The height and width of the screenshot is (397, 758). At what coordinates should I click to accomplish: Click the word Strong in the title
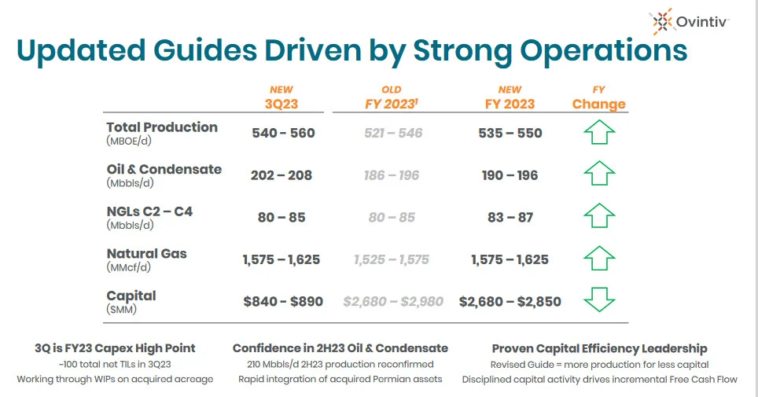click(462, 50)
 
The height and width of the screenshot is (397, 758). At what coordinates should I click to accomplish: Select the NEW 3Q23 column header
click(281, 97)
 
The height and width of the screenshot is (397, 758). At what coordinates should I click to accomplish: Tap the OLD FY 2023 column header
click(392, 97)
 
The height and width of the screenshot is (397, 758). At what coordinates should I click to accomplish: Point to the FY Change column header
click(599, 97)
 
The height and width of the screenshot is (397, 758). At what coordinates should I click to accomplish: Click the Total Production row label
click(162, 133)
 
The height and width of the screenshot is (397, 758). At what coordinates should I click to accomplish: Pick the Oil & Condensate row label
click(164, 175)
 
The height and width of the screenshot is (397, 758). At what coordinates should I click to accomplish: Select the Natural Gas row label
click(146, 259)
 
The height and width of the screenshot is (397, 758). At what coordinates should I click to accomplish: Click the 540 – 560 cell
click(283, 133)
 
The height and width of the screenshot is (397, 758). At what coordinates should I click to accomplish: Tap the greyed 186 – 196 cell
click(392, 175)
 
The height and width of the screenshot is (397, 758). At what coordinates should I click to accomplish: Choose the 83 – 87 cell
click(510, 217)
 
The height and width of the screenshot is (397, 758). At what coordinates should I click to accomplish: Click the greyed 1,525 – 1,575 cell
click(392, 259)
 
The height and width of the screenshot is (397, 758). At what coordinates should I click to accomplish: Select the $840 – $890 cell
click(283, 301)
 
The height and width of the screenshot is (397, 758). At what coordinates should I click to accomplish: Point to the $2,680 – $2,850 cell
click(510, 301)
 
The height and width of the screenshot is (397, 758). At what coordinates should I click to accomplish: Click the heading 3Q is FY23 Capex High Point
click(115, 348)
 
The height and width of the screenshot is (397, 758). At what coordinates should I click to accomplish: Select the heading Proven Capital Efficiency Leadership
click(599, 348)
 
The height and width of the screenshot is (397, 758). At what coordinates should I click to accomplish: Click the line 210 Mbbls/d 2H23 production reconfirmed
click(340, 364)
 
